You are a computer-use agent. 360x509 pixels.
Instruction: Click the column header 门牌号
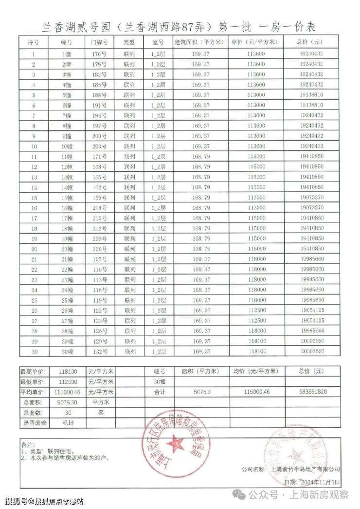(x=99, y=42)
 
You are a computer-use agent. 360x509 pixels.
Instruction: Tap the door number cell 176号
(x=99, y=54)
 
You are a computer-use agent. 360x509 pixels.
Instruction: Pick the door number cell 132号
(x=99, y=351)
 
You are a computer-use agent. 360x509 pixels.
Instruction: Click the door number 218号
(x=99, y=207)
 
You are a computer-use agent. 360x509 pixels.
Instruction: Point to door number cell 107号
(x=99, y=259)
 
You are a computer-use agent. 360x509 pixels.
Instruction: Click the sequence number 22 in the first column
(x=34, y=269)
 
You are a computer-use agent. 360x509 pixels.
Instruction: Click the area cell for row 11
(x=201, y=156)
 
